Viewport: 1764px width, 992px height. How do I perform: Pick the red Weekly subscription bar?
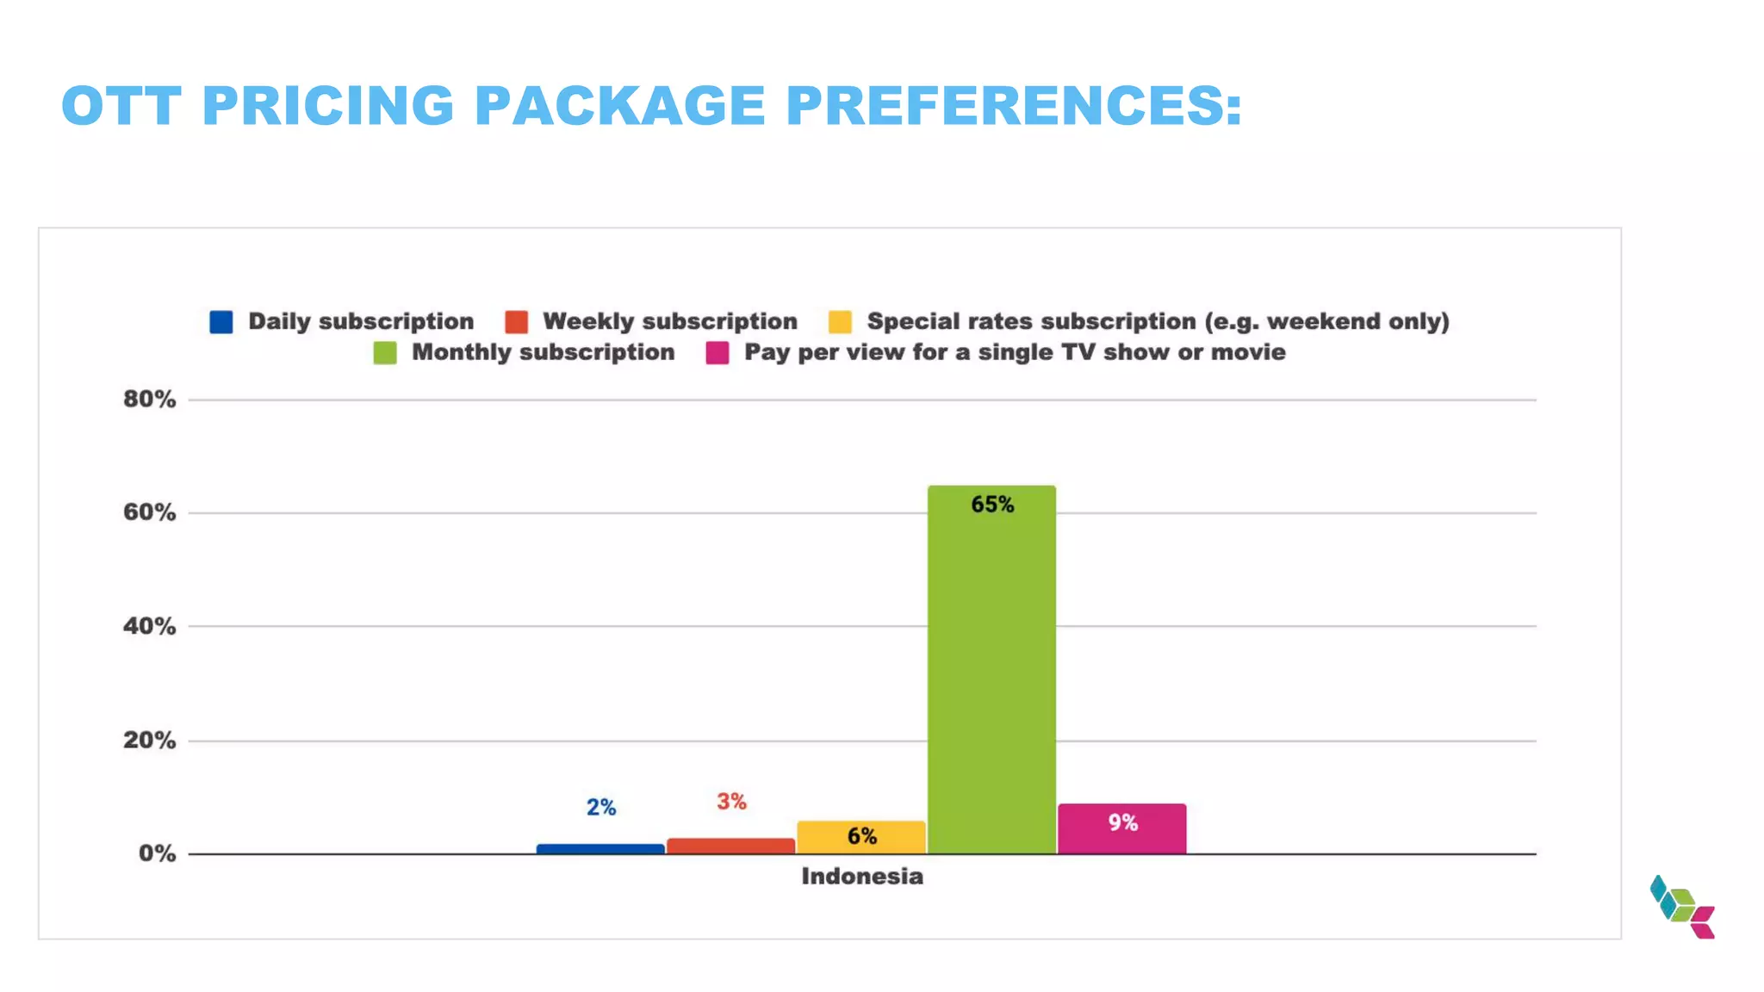[x=730, y=846]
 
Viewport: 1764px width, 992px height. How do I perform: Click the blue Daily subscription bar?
[x=600, y=849]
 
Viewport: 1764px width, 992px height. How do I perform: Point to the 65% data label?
[x=992, y=505]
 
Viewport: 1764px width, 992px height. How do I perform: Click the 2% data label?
[x=601, y=808]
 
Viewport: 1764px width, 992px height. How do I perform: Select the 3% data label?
[x=731, y=802]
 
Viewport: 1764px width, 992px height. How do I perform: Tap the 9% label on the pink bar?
[x=1122, y=823]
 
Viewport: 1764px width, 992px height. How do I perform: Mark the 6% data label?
[x=861, y=836]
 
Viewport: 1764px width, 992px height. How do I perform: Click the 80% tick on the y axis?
[x=149, y=400]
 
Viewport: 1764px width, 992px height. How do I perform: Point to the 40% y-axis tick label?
[x=149, y=626]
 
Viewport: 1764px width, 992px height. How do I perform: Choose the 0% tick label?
[x=157, y=853]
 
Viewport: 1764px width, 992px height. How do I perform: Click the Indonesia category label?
[x=861, y=877]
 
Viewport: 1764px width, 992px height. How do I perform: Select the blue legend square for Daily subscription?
[x=221, y=322]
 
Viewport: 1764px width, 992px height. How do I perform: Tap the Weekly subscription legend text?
[x=669, y=321]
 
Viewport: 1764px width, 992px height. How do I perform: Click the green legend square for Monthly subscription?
[x=385, y=353]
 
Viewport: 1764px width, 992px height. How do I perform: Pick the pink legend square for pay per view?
[x=717, y=353]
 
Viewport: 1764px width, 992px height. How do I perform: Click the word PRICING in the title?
[x=327, y=106]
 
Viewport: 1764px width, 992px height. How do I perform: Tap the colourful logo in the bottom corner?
[x=1682, y=908]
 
